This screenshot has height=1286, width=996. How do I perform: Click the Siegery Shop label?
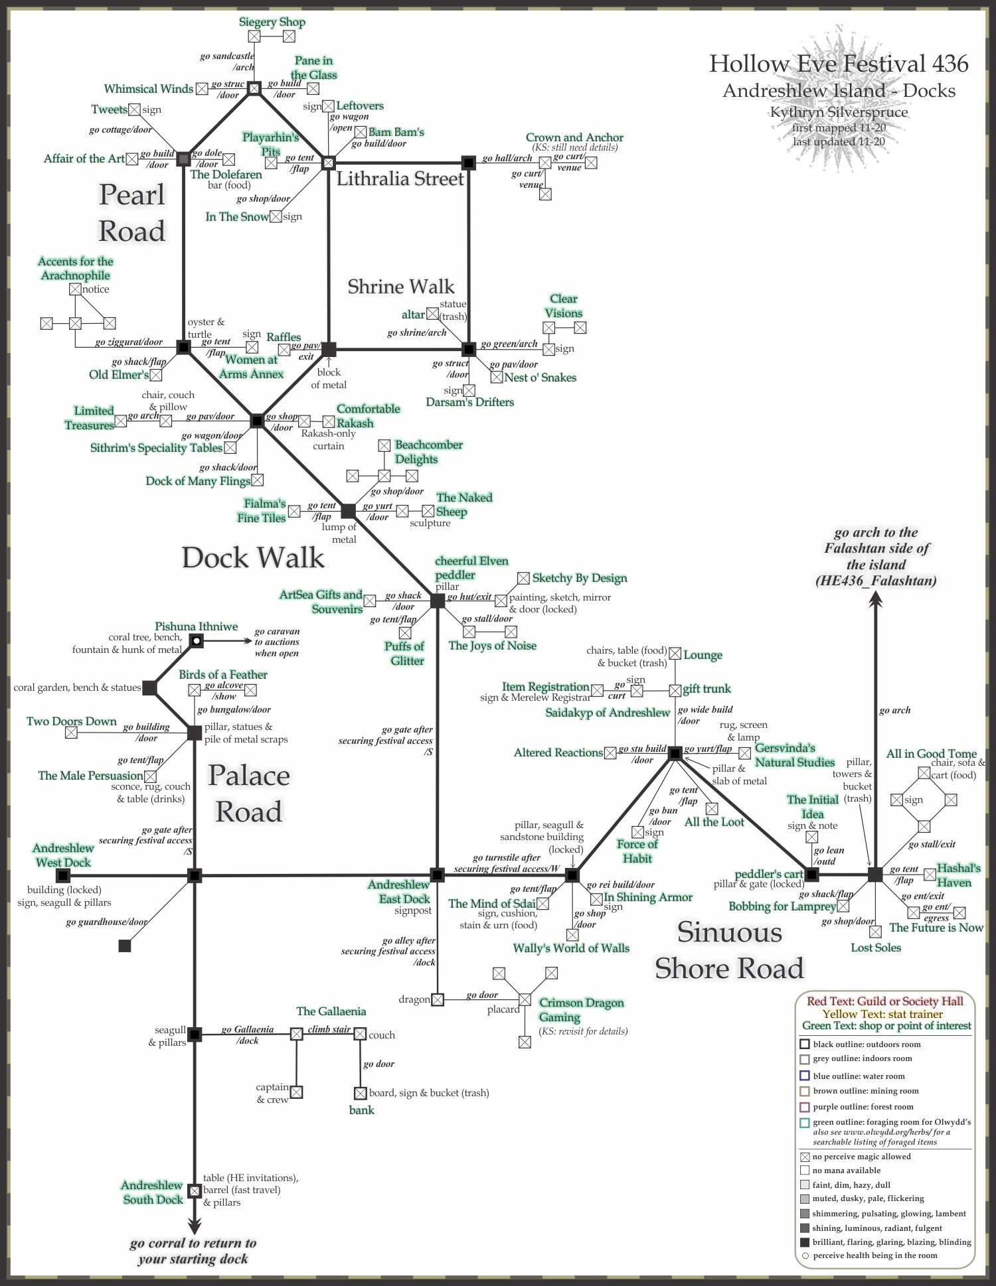point(272,22)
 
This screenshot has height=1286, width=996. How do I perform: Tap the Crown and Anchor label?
point(574,137)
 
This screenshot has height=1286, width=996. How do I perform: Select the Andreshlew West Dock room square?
point(63,876)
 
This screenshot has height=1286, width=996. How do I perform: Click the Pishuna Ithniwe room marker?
point(196,640)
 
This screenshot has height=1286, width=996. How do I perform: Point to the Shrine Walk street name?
point(401,286)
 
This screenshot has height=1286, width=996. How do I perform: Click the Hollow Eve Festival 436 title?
point(839,64)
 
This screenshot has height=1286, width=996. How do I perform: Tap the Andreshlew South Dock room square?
point(194,1191)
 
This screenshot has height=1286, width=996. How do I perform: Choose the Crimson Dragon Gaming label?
point(581,1010)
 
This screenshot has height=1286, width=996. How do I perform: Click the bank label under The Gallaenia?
point(362,1109)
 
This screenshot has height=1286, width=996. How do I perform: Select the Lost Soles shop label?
point(876,948)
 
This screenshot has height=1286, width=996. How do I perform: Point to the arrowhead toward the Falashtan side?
point(876,599)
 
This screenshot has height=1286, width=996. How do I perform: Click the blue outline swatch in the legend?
point(805,1076)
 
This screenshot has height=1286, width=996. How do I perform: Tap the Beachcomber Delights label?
point(428,452)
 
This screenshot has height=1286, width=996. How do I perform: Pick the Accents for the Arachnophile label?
point(76,268)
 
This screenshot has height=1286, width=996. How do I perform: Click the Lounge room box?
point(675,654)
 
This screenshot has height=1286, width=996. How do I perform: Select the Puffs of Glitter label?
point(404,653)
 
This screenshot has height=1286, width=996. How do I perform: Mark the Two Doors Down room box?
point(71,733)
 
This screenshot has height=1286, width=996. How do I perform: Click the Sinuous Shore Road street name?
point(729,950)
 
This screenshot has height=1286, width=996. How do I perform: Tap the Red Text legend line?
point(884,1001)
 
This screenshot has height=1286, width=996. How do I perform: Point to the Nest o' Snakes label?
point(540,378)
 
